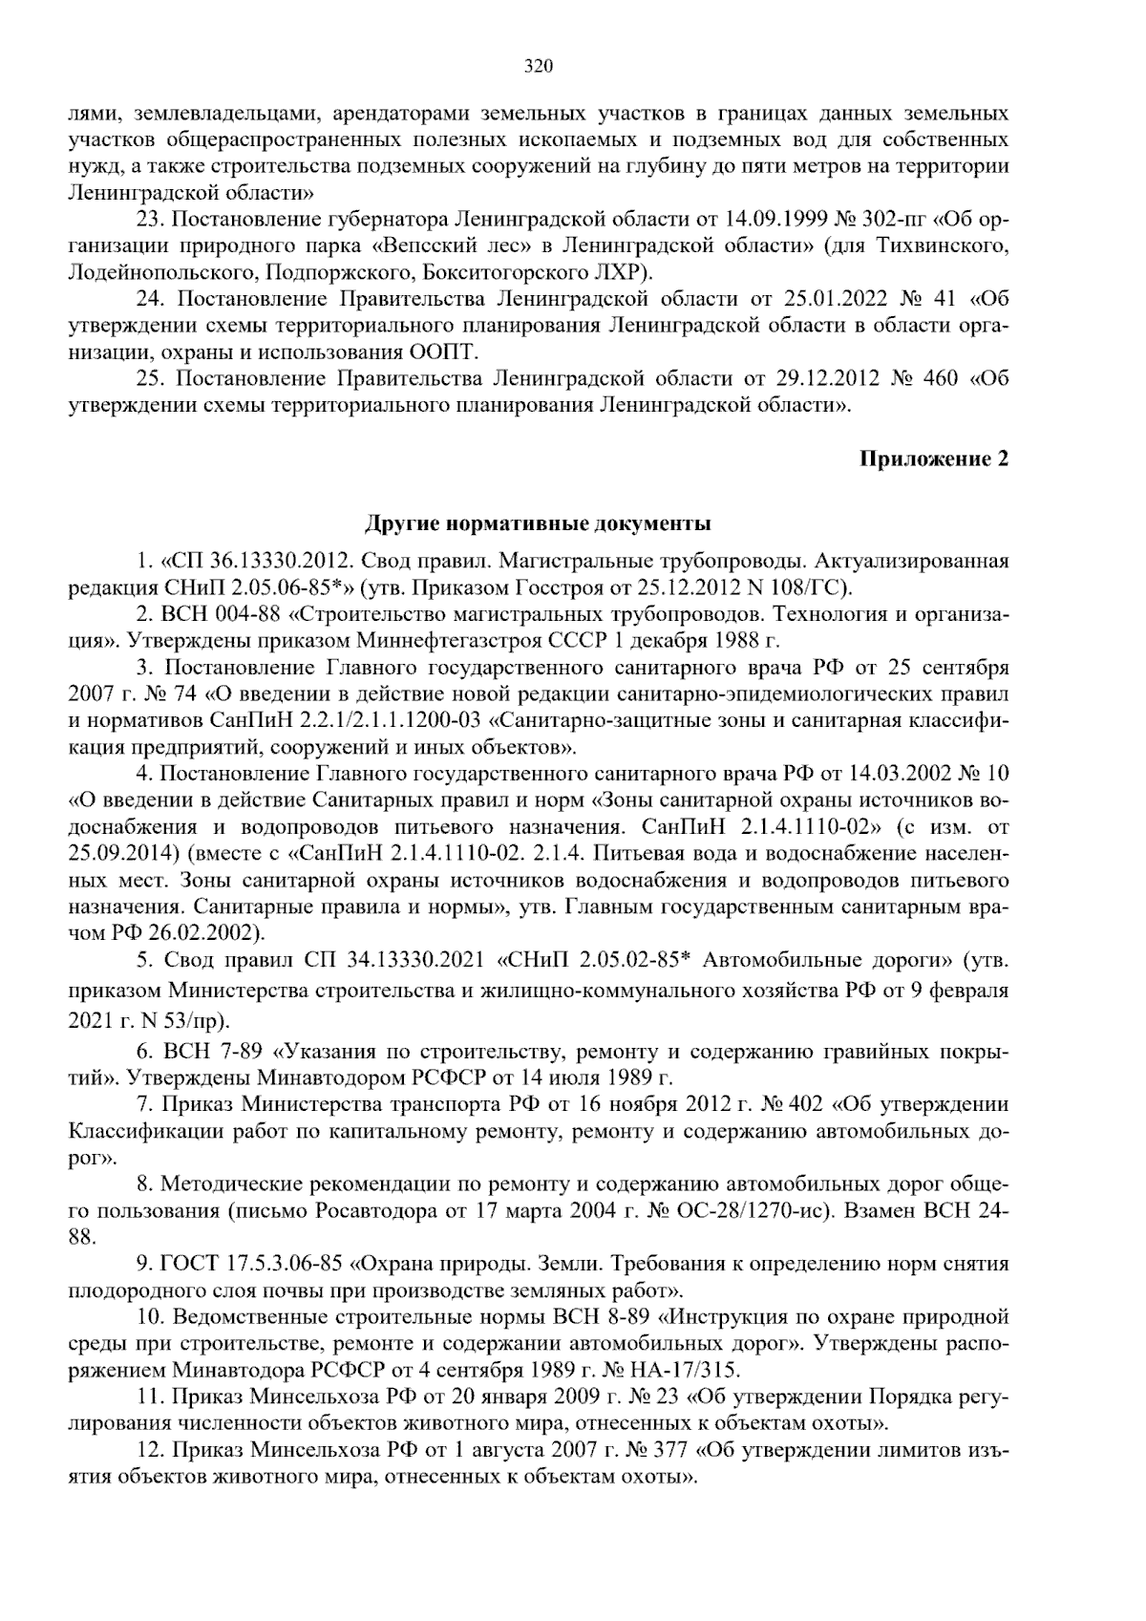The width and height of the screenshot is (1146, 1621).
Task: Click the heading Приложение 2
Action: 934,459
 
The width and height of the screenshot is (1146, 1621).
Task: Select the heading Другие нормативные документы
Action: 539,523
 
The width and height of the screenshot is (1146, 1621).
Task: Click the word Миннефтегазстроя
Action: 477,639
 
